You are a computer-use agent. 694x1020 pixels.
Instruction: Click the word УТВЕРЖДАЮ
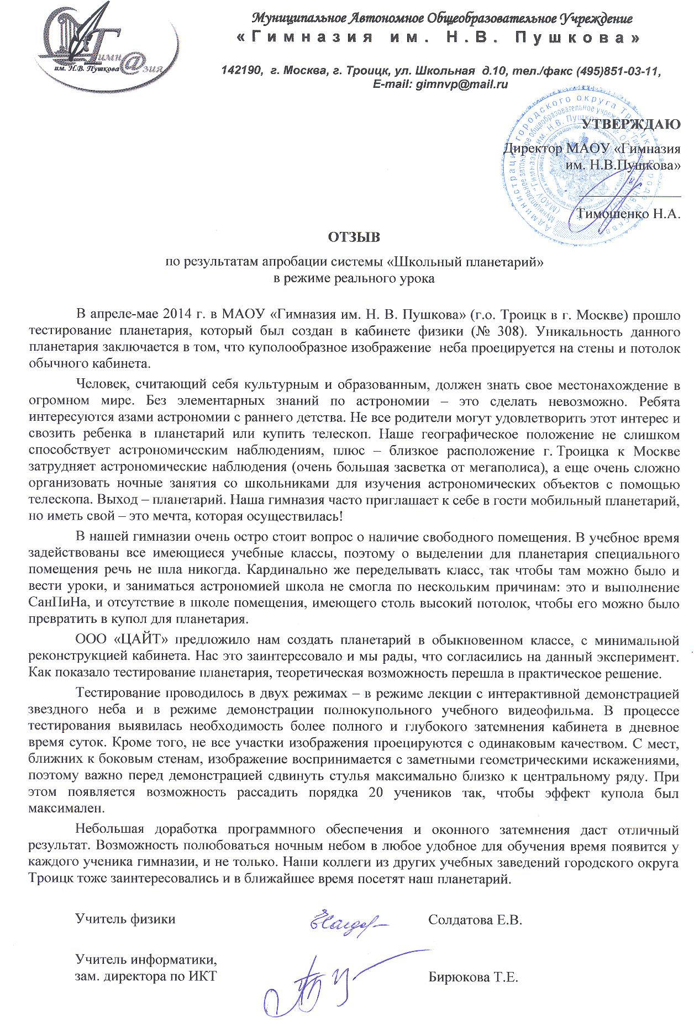(x=632, y=124)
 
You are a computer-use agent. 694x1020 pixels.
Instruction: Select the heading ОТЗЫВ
(x=354, y=238)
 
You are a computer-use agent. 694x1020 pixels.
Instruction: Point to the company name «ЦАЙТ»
(x=140, y=641)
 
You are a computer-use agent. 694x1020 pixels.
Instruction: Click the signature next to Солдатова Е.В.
(x=349, y=919)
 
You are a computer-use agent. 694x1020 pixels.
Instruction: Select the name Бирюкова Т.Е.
(x=473, y=977)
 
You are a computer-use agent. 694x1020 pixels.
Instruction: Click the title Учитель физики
(x=125, y=919)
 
